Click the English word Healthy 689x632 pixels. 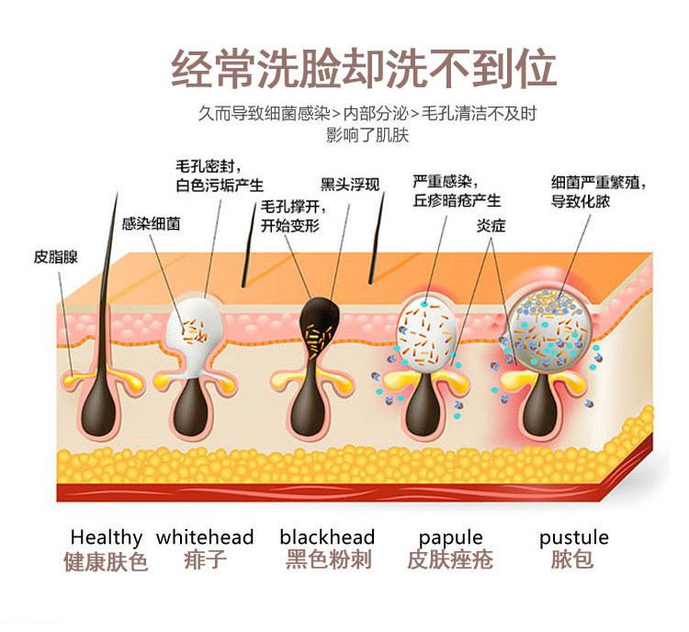tap(107, 537)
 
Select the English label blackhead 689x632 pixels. tap(327, 537)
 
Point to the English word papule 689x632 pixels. tap(450, 537)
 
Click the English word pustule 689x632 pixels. tap(574, 537)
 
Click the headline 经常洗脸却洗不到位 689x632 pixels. tap(364, 69)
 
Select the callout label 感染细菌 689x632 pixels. tap(151, 223)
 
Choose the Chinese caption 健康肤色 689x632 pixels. tap(106, 561)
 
